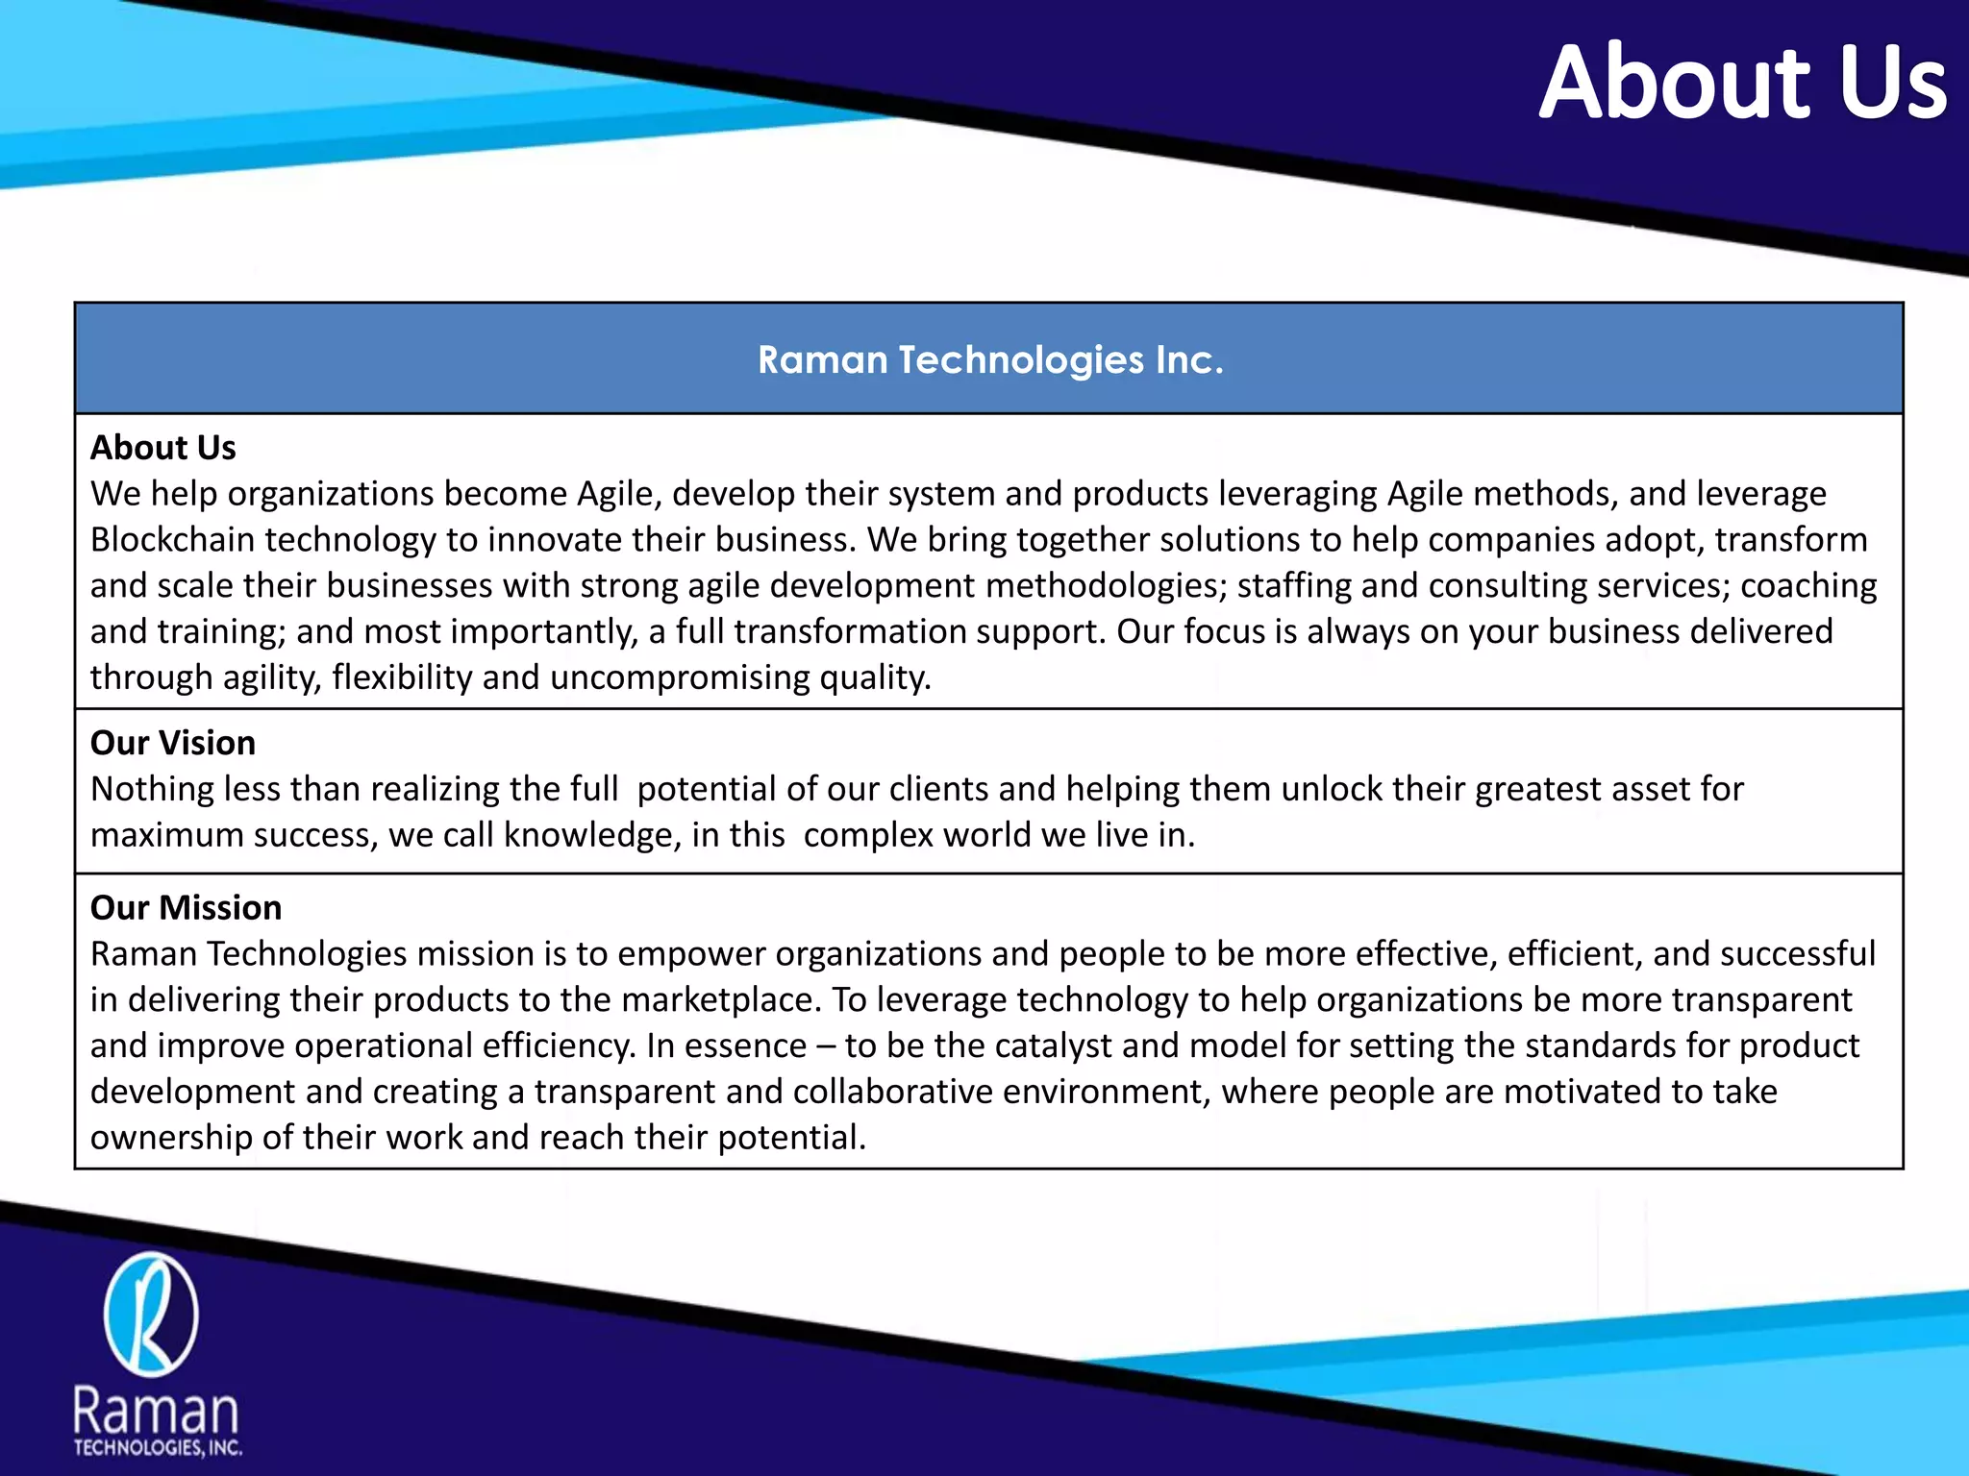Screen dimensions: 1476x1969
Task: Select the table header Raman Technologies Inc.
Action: coord(990,359)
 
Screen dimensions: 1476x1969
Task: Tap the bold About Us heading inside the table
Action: coord(163,448)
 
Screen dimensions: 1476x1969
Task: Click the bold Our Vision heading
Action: coord(173,743)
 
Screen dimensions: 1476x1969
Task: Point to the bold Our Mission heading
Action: coord(187,908)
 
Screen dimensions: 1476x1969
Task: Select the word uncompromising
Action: coord(681,678)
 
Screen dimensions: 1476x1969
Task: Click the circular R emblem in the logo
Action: coord(151,1314)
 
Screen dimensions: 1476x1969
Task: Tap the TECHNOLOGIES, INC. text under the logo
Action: coord(158,1448)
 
